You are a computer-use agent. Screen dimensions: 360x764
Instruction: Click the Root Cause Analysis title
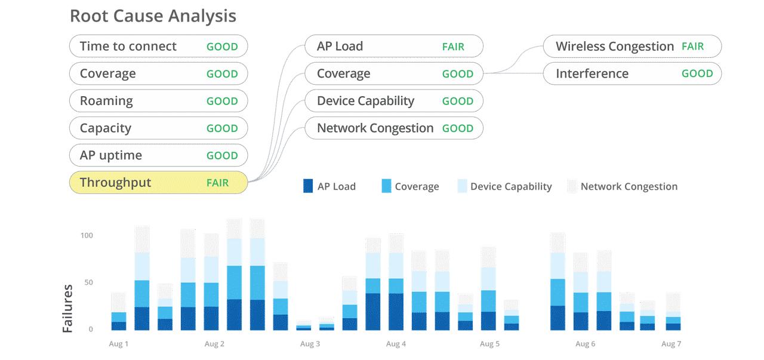coord(153,16)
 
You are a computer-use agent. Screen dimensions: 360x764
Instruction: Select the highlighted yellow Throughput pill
coord(158,183)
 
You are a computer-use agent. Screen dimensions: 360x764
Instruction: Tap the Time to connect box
coord(158,47)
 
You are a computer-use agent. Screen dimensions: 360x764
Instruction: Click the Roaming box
coord(158,101)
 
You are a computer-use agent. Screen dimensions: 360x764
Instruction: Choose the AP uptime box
coord(158,156)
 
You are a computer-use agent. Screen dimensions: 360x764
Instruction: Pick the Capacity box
coord(158,128)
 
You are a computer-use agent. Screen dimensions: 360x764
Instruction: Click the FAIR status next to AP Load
coord(453,47)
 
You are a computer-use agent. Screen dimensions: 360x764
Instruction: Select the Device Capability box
coord(393,101)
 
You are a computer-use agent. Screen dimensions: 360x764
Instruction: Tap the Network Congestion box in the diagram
coord(393,128)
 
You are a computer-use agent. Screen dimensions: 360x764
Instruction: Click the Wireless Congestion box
coord(631,47)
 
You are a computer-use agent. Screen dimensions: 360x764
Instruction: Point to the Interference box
coord(631,74)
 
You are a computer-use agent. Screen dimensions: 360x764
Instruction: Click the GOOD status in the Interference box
coord(697,74)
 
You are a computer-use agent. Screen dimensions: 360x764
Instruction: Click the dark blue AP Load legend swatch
coord(308,186)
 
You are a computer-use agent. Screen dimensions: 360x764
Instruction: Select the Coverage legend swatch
coord(386,186)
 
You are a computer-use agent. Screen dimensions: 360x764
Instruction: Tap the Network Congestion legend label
coord(629,187)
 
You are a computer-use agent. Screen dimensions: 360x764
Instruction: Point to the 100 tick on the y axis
coord(87,235)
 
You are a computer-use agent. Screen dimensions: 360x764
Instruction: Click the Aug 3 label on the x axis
coord(310,344)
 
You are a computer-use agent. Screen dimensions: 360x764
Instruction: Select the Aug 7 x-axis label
coord(671,344)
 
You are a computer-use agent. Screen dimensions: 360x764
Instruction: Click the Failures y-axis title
coord(68,308)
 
